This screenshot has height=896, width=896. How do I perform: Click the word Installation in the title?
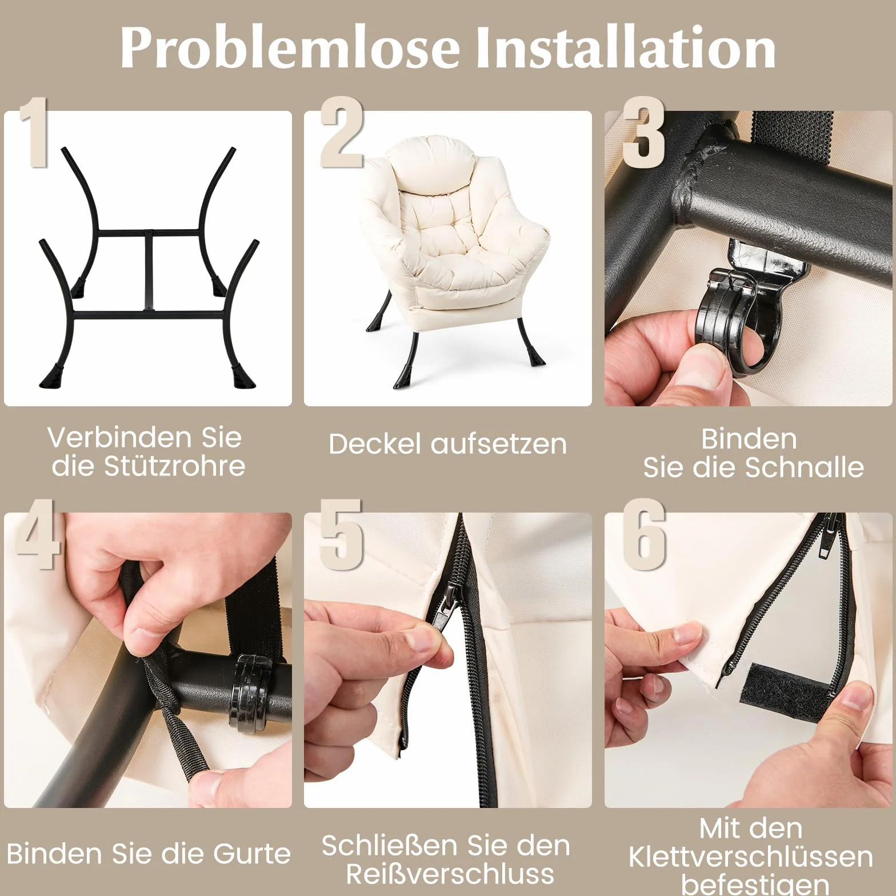click(x=625, y=47)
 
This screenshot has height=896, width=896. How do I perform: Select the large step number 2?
click(x=342, y=133)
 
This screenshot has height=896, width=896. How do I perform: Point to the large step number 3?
click(x=644, y=133)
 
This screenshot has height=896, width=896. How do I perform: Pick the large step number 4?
click(x=38, y=534)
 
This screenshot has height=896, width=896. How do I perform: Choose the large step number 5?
click(x=341, y=534)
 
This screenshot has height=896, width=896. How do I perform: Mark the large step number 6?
click(x=644, y=534)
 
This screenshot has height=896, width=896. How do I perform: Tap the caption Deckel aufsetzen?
click(x=447, y=444)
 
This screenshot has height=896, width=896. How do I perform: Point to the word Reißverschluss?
click(x=450, y=874)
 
